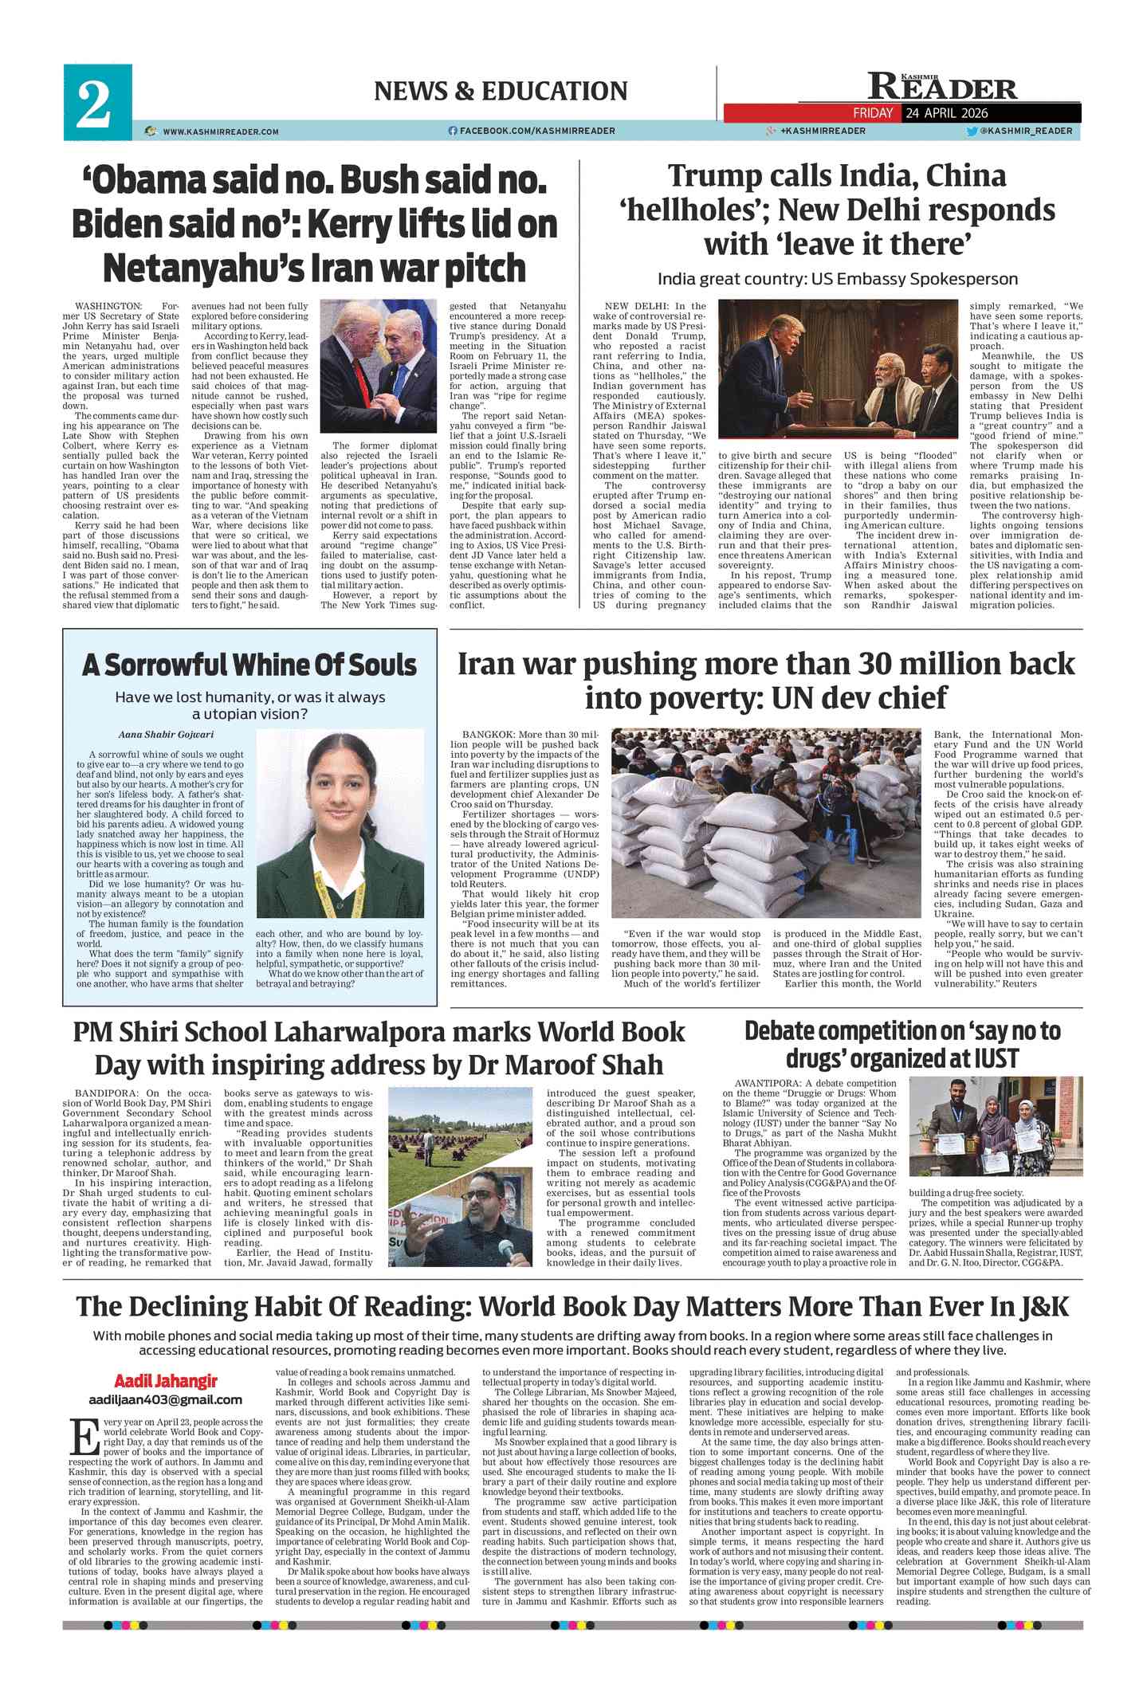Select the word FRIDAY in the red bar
click(x=872, y=113)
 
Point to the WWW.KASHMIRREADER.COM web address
click(x=220, y=131)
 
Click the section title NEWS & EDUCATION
click(x=501, y=92)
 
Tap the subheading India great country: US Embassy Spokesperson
click(x=837, y=280)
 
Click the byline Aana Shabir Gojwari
click(x=155, y=735)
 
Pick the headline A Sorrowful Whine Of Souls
click(x=249, y=665)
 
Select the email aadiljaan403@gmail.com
click(x=166, y=1399)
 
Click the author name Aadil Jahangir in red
click(x=165, y=1381)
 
